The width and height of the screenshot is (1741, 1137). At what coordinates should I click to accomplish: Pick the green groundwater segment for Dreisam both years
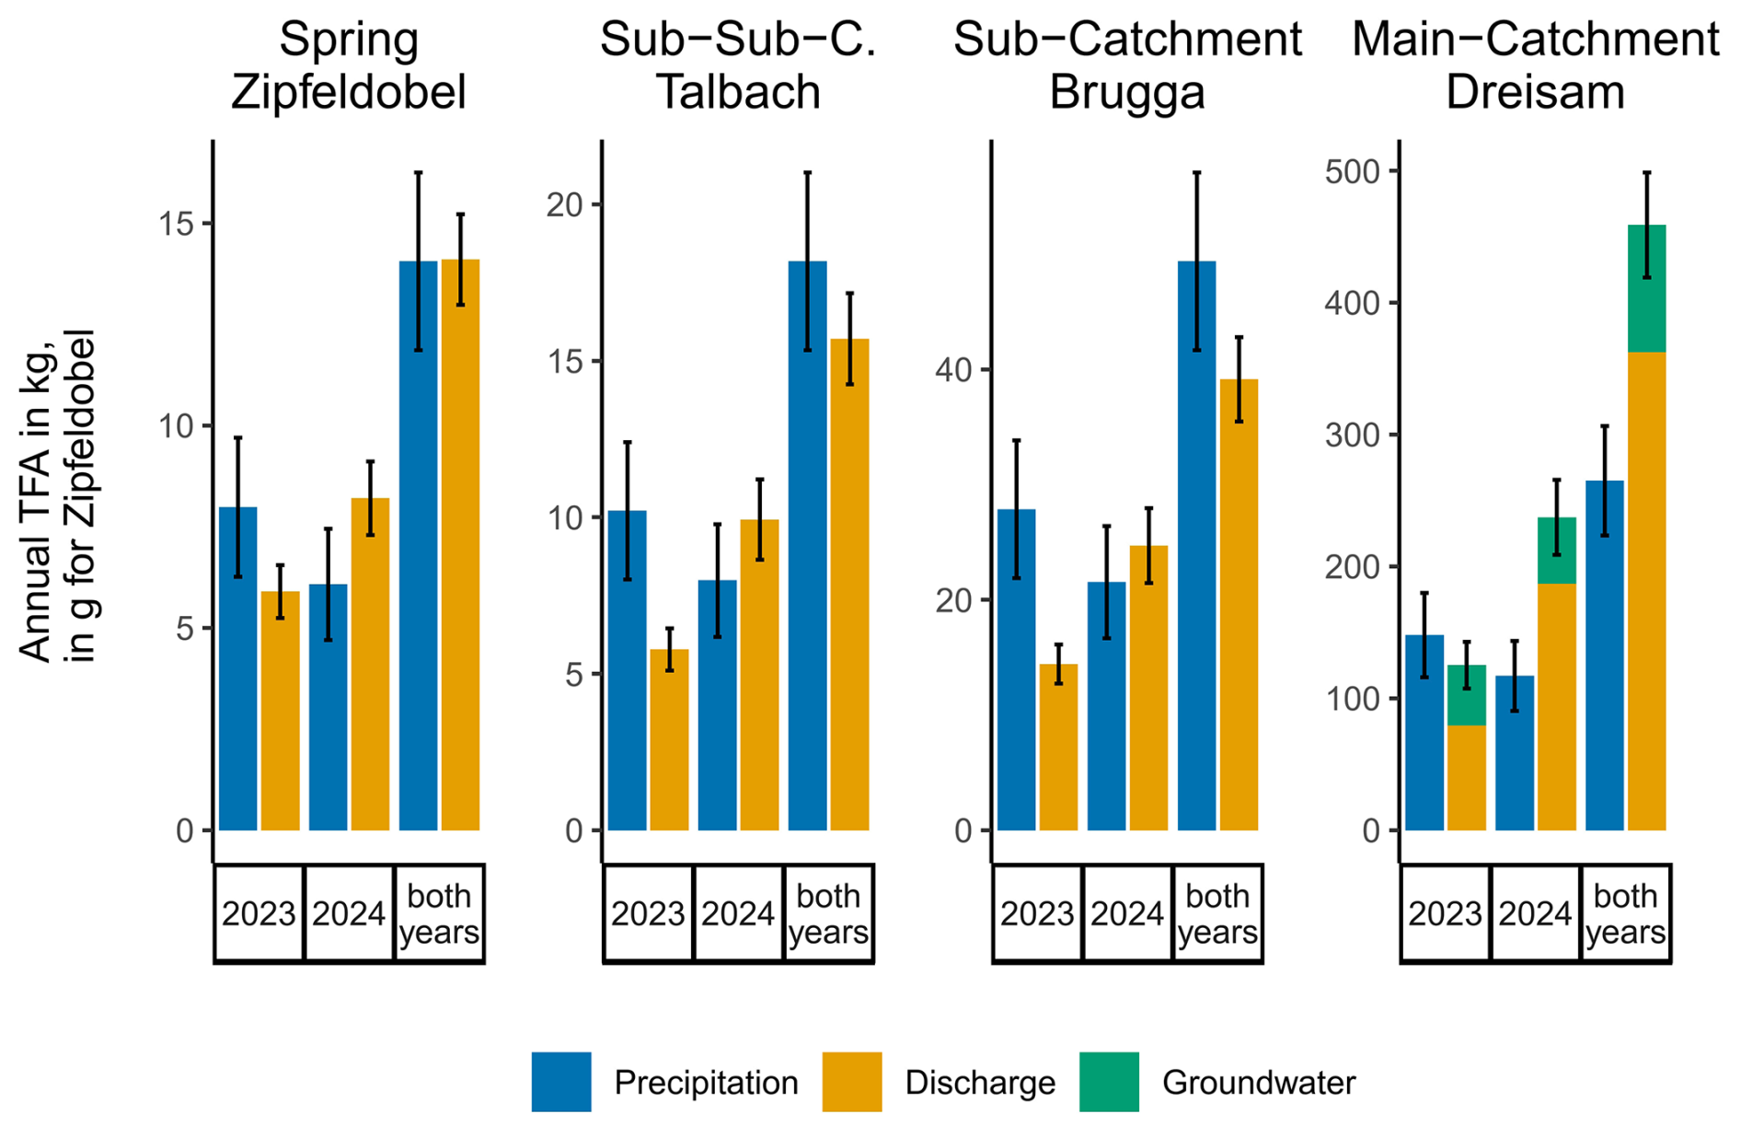point(1646,289)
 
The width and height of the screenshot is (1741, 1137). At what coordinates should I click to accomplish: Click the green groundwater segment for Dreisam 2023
point(1466,695)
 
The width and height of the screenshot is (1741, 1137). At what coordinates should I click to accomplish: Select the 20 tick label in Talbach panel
point(565,204)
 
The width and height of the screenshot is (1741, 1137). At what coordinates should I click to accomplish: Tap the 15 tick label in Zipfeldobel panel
point(176,224)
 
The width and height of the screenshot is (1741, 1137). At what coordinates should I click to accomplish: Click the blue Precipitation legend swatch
point(561,1082)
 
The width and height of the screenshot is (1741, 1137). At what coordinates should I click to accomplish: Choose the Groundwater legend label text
point(1258,1083)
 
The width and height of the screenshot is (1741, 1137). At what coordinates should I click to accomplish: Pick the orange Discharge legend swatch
point(851,1082)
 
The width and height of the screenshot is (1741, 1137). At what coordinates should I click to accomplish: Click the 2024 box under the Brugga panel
point(1127,913)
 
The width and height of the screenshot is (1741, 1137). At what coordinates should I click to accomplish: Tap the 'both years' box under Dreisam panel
point(1625,913)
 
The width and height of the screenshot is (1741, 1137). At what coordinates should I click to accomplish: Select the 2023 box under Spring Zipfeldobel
point(259,913)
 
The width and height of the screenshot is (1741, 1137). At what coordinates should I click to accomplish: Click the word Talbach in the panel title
point(738,92)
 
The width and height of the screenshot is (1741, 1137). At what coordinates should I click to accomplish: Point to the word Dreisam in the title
point(1535,92)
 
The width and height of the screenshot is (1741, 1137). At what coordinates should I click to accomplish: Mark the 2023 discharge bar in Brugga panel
point(1058,747)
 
